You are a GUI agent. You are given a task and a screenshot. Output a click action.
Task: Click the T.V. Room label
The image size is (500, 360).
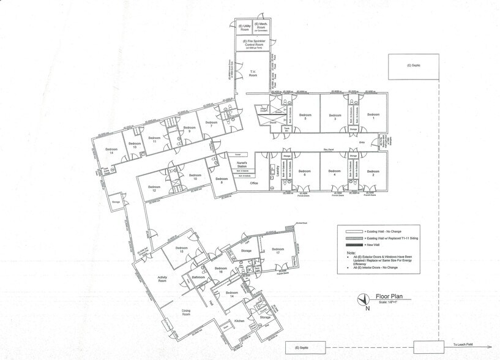click(253, 73)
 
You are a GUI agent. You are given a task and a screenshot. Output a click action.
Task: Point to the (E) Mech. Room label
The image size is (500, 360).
click(264, 28)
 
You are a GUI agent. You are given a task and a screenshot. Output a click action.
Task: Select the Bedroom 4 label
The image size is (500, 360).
click(335, 173)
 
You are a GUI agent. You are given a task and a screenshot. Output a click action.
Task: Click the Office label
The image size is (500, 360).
click(254, 182)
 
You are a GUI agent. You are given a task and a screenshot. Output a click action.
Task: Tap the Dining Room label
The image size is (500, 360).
click(186, 312)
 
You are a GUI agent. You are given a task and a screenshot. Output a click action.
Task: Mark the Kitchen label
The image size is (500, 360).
click(240, 321)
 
